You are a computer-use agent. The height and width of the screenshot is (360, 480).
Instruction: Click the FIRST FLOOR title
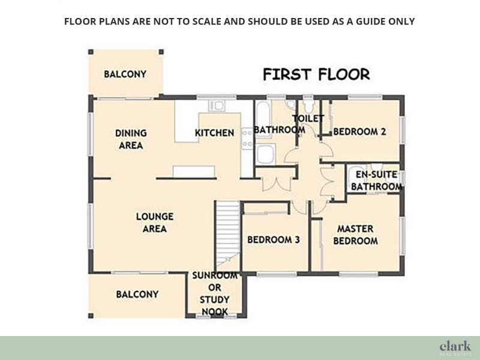click(x=317, y=74)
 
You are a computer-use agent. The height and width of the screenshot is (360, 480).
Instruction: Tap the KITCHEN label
click(x=215, y=133)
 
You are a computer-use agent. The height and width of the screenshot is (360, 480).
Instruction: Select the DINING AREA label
click(x=131, y=139)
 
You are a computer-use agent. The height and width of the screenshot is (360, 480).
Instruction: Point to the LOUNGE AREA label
click(x=155, y=223)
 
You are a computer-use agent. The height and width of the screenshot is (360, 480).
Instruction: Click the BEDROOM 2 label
click(x=359, y=131)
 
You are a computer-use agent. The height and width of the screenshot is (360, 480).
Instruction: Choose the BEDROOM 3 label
click(x=274, y=239)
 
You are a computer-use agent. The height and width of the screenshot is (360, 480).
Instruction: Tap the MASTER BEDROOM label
click(x=355, y=235)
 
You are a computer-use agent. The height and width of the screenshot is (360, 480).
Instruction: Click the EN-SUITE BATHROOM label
click(x=377, y=181)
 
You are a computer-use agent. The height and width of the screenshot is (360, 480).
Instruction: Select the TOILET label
click(x=308, y=118)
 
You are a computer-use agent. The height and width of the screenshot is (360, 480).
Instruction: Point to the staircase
click(x=228, y=235)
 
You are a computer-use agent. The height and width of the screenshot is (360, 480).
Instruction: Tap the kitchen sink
click(x=217, y=106)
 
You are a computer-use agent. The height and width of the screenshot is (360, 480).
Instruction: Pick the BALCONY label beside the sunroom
click(x=137, y=294)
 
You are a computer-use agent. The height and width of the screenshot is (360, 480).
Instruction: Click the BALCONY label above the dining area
click(x=125, y=74)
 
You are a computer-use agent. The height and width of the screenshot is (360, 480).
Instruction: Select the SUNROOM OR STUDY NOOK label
click(x=215, y=293)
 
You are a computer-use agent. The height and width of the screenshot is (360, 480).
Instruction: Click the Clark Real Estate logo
click(x=455, y=349)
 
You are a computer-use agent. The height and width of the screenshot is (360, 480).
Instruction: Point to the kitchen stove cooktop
click(x=247, y=139)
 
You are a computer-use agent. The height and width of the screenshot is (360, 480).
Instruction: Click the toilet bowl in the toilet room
click(x=308, y=106)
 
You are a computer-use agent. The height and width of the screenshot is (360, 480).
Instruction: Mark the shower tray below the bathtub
click(x=266, y=154)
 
